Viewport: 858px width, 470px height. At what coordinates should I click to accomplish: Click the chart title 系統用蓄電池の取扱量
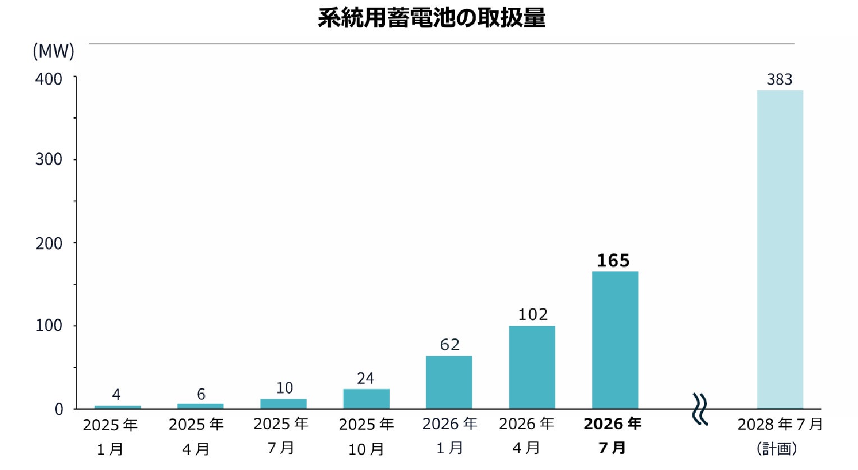431,19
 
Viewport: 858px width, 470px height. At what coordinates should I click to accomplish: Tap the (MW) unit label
53,51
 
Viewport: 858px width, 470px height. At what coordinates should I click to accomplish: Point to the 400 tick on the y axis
49,79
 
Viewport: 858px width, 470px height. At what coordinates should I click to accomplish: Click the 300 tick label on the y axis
49,159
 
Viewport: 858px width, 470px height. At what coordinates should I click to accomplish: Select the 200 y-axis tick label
49,243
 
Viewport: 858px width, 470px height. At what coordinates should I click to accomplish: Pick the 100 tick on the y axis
49,326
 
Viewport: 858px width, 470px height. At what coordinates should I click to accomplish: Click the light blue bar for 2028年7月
780,250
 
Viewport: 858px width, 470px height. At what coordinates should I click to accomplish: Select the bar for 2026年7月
615,340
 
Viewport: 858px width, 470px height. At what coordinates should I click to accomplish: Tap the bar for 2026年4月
532,367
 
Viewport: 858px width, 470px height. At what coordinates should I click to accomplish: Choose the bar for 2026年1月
449,383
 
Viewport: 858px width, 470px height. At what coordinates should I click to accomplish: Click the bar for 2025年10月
366,399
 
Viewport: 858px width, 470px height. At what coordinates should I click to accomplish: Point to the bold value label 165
613,261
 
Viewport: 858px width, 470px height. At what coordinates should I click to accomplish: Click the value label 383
779,80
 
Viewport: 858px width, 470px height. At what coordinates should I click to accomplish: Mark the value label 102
533,315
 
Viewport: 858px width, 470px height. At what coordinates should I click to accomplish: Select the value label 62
450,345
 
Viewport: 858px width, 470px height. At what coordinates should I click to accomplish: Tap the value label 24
366,379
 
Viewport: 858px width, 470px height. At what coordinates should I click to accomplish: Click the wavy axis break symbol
700,409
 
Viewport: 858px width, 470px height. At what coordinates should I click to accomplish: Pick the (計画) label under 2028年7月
777,449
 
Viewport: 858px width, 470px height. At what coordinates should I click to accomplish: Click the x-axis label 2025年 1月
110,437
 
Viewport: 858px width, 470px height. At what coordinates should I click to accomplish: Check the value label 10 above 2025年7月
285,388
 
